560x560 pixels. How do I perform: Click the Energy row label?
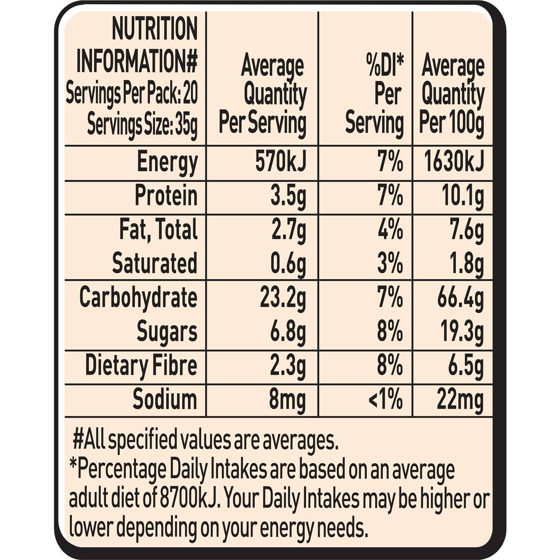click(x=167, y=163)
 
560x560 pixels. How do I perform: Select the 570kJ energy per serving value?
click(x=280, y=163)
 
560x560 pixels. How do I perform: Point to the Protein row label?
click(x=166, y=196)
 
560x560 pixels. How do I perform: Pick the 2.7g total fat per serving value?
click(x=288, y=230)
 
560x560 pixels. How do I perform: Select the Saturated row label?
click(x=154, y=264)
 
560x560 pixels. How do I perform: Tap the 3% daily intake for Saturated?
click(x=390, y=264)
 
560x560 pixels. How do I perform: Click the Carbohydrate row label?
click(x=138, y=298)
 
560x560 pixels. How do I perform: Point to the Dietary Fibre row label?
click(x=141, y=366)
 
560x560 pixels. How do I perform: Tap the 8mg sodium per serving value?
click(x=287, y=400)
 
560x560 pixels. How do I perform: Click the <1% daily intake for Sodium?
click(x=385, y=400)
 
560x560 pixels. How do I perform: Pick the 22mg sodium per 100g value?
click(x=460, y=400)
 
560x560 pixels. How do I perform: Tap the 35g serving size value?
click(x=186, y=125)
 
